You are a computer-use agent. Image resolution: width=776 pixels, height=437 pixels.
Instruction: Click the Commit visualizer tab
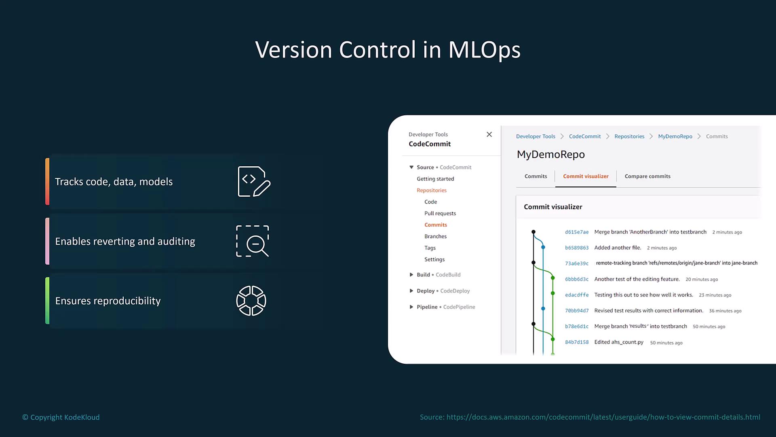click(586, 176)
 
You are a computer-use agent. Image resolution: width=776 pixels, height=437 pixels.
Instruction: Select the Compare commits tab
click(647, 176)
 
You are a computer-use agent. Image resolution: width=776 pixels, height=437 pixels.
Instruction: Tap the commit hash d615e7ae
click(577, 232)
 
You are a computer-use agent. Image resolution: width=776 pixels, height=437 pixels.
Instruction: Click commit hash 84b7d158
click(577, 342)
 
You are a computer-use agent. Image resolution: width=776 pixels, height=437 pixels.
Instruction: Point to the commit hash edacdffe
click(577, 295)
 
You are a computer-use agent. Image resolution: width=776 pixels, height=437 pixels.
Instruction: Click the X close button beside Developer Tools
click(489, 134)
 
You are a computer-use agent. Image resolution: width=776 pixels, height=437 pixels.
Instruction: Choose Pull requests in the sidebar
click(440, 214)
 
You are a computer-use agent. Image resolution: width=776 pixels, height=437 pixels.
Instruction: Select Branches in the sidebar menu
click(435, 236)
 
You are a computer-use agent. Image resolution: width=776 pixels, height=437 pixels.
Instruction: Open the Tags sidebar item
click(430, 248)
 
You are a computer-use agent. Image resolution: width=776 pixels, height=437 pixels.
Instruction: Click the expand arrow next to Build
click(411, 275)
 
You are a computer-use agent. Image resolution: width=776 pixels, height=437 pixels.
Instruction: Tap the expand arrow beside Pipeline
click(411, 307)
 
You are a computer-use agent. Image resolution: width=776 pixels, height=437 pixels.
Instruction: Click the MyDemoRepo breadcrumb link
click(675, 136)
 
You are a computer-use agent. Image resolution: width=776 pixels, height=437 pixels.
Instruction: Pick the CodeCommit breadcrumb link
click(585, 136)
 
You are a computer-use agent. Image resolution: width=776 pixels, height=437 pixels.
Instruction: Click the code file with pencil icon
click(254, 182)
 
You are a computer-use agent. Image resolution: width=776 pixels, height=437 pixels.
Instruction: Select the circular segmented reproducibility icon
click(251, 301)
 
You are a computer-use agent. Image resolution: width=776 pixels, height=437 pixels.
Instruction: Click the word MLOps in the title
click(484, 50)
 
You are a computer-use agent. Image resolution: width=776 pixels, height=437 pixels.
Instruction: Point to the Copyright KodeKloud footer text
click(61, 417)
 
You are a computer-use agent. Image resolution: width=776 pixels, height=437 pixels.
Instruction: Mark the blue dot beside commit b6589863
click(543, 247)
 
